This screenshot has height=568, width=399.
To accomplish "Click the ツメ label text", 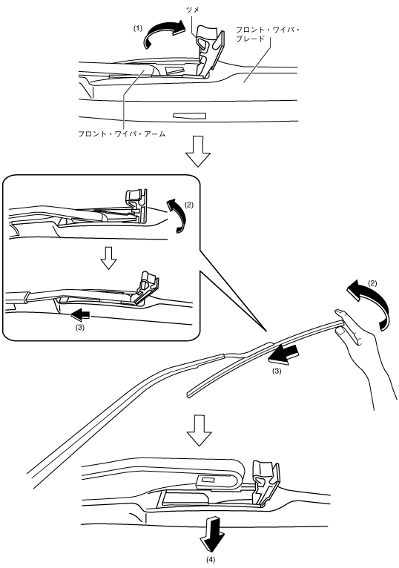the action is tap(192, 10).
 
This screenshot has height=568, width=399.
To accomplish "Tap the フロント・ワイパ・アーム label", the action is tap(122, 134).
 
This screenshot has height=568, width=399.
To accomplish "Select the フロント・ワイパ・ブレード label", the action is tap(268, 34).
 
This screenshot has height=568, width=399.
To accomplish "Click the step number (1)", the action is tap(138, 28).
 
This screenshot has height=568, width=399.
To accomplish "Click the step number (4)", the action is tap(211, 560).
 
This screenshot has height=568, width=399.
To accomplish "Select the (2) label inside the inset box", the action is tap(189, 205).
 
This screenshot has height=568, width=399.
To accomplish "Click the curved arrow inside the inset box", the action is tap(177, 216).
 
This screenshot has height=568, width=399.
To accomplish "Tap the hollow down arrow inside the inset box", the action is tap(108, 258).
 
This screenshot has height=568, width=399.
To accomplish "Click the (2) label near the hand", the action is tap(372, 283).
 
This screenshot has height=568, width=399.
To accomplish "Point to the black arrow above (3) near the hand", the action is tap(284, 354).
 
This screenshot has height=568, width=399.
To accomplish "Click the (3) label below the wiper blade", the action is tap(276, 371).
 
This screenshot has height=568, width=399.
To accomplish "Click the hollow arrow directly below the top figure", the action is tap(197, 151).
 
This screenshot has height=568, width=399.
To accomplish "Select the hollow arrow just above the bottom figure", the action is tap(199, 430).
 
